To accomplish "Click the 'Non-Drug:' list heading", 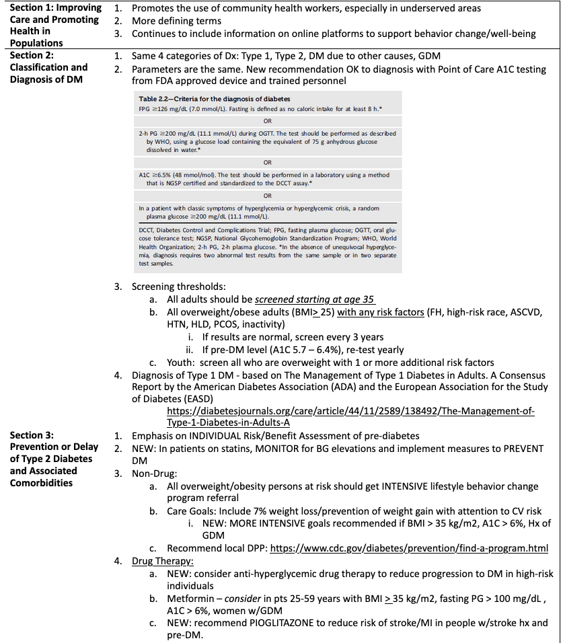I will coord(154,473).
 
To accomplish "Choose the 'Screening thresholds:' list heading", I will coord(178,287).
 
